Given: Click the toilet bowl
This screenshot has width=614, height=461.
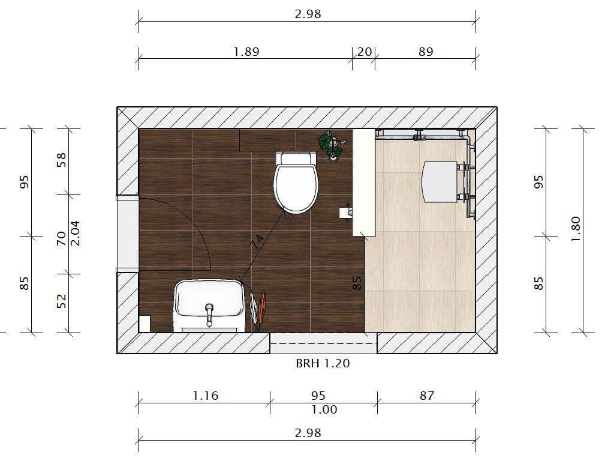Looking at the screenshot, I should pos(296,187).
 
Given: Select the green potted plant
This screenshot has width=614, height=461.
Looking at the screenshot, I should pos(330,145).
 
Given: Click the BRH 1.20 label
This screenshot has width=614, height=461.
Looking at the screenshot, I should pos(323,363).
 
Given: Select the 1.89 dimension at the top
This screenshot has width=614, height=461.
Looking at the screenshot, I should pos(246,52).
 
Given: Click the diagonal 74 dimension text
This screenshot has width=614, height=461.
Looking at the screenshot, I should pos(257,242).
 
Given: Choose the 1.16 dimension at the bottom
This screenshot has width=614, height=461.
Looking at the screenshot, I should pos(205,396).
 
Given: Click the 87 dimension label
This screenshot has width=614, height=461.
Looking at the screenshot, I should pos(426,396).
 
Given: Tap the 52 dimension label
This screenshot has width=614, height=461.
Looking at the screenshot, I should pos(61,300).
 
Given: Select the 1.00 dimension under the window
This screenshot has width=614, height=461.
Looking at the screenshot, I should pos(324,409).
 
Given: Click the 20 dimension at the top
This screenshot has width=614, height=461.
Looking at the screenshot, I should pos(364,52).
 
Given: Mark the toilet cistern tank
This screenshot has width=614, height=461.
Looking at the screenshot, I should pos(296,158).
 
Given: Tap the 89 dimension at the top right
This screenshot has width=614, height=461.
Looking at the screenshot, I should pos(425,52).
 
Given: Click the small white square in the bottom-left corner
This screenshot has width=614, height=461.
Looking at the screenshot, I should pos(145,324).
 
